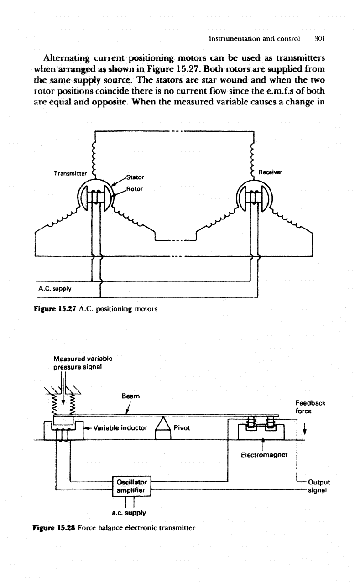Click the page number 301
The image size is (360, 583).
pos(320,39)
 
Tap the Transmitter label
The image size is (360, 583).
pos(70,173)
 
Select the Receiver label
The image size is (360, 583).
pos(270,172)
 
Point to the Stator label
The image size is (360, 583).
pos(135,177)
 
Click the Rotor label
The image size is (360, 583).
pos(134,189)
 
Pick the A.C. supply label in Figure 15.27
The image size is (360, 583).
pos(55,289)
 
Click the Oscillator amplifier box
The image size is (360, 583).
pos(132,486)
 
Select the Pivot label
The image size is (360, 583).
pos(182,428)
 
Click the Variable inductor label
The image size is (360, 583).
pos(120,428)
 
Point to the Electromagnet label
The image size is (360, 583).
pos(264,455)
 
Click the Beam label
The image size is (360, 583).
pos(130,396)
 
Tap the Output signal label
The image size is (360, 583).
pos(318,486)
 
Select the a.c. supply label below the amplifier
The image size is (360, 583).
pos(129,513)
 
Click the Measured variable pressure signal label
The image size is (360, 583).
pos(83,363)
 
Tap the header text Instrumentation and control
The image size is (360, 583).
pos(254,39)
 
